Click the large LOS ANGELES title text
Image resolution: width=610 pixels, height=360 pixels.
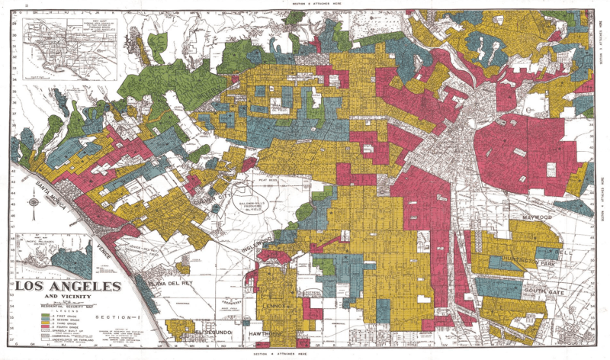coord(68,287)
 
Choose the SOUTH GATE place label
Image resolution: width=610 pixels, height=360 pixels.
coord(543,291)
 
